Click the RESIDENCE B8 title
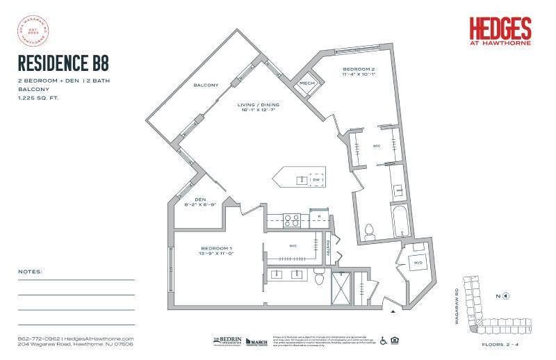[x=63, y=64]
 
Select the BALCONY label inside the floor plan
[x=206, y=85]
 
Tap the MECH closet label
[x=306, y=83]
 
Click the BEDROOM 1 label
[x=216, y=248]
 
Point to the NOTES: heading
[x=31, y=271]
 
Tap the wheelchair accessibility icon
[x=383, y=341]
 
